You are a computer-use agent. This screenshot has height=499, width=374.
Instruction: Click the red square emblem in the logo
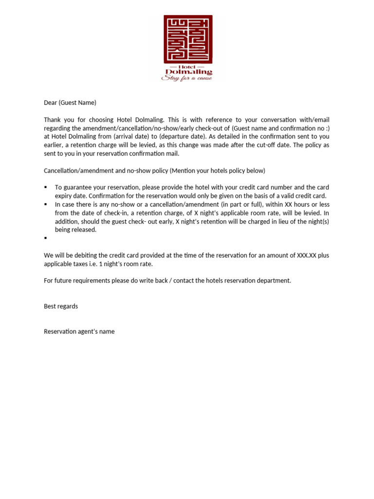pyautogui.click(x=187, y=39)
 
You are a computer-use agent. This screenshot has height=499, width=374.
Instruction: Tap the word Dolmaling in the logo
pyautogui.click(x=187, y=72)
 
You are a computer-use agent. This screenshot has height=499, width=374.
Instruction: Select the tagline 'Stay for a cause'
pyautogui.click(x=187, y=78)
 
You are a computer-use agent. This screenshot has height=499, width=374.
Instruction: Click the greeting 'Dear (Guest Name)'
pyautogui.click(x=70, y=102)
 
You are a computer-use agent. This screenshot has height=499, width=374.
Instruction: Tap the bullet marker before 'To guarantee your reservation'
pyautogui.click(x=45, y=187)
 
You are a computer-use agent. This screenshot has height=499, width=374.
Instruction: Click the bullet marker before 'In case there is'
pyautogui.click(x=45, y=204)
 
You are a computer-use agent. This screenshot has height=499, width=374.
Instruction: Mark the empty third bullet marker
pyautogui.click(x=45, y=238)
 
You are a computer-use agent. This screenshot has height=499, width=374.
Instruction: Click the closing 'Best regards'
pyautogui.click(x=61, y=306)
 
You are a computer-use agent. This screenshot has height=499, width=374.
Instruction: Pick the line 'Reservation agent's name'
pyautogui.click(x=79, y=331)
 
